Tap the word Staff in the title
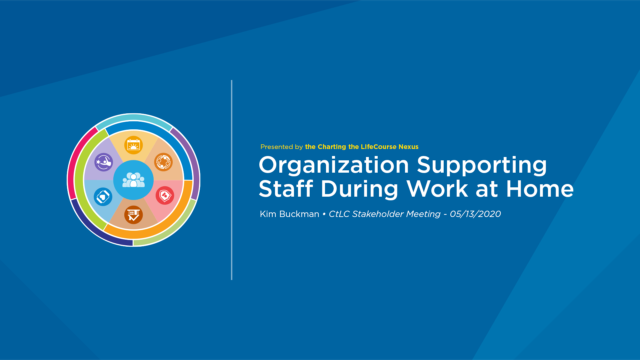tap(286, 189)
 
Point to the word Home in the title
tap(540, 189)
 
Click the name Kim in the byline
tap(268, 214)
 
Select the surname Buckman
tap(299, 214)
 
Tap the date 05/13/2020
tap(475, 214)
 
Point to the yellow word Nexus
tap(408, 147)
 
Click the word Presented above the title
tap(277, 147)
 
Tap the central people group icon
tap(134, 180)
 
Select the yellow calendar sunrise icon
tap(134, 145)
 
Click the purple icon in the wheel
tap(104, 162)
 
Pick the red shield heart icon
tap(165, 195)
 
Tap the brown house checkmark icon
tap(134, 215)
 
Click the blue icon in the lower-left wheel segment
tap(103, 197)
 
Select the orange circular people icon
tap(163, 162)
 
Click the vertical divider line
tap(232, 180)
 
